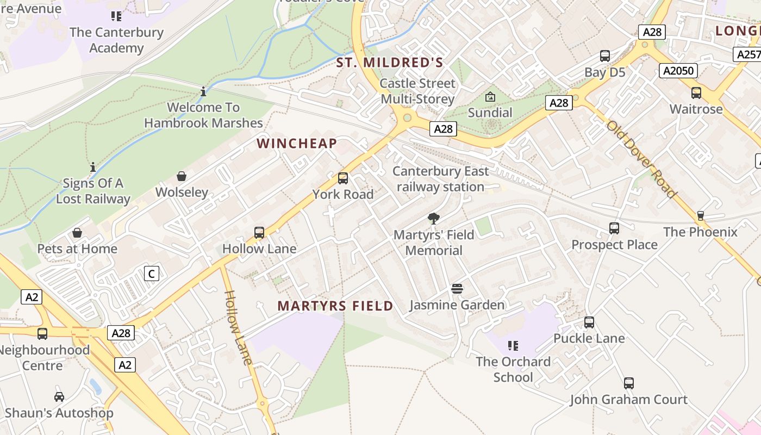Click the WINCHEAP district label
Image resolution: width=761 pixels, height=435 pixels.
[297, 144]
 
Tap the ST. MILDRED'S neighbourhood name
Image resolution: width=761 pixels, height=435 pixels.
[390, 63]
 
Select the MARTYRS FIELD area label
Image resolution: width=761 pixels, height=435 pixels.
[335, 306]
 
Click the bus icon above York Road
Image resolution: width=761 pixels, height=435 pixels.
[343, 178]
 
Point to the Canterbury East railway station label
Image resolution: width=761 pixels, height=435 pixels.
[440, 179]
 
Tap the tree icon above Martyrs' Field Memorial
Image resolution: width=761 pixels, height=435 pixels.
[434, 219]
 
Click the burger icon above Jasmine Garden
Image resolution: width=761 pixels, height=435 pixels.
[457, 288]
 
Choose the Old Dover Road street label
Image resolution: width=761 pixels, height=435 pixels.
[642, 159]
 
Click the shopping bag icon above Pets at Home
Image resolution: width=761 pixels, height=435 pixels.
[77, 233]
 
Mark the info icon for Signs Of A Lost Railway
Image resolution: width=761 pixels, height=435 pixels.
[93, 166]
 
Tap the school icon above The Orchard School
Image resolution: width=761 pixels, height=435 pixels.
[513, 345]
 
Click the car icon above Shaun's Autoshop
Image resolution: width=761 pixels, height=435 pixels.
[59, 397]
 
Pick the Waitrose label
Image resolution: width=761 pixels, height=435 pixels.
[696, 109]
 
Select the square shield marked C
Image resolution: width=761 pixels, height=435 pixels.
[152, 274]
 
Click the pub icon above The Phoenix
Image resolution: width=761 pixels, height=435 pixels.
[701, 216]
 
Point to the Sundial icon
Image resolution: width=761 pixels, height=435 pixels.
[490, 97]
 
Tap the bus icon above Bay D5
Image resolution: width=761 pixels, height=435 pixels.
[605, 56]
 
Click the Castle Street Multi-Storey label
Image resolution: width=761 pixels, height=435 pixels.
[417, 91]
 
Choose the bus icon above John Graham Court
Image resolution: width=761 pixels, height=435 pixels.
[629, 383]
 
